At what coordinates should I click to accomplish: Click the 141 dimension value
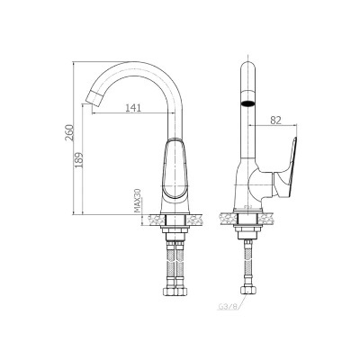click(x=133, y=107)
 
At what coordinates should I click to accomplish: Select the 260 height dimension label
click(x=69, y=132)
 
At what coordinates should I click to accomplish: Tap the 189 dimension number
click(x=78, y=160)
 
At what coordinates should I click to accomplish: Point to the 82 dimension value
click(x=275, y=120)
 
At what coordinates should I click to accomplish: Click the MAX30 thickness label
click(x=138, y=201)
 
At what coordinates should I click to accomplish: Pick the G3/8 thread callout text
click(x=227, y=307)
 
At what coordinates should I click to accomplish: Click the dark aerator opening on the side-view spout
click(x=247, y=103)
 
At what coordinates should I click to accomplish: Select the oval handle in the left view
click(x=175, y=169)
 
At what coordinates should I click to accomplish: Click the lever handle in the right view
click(x=286, y=173)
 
